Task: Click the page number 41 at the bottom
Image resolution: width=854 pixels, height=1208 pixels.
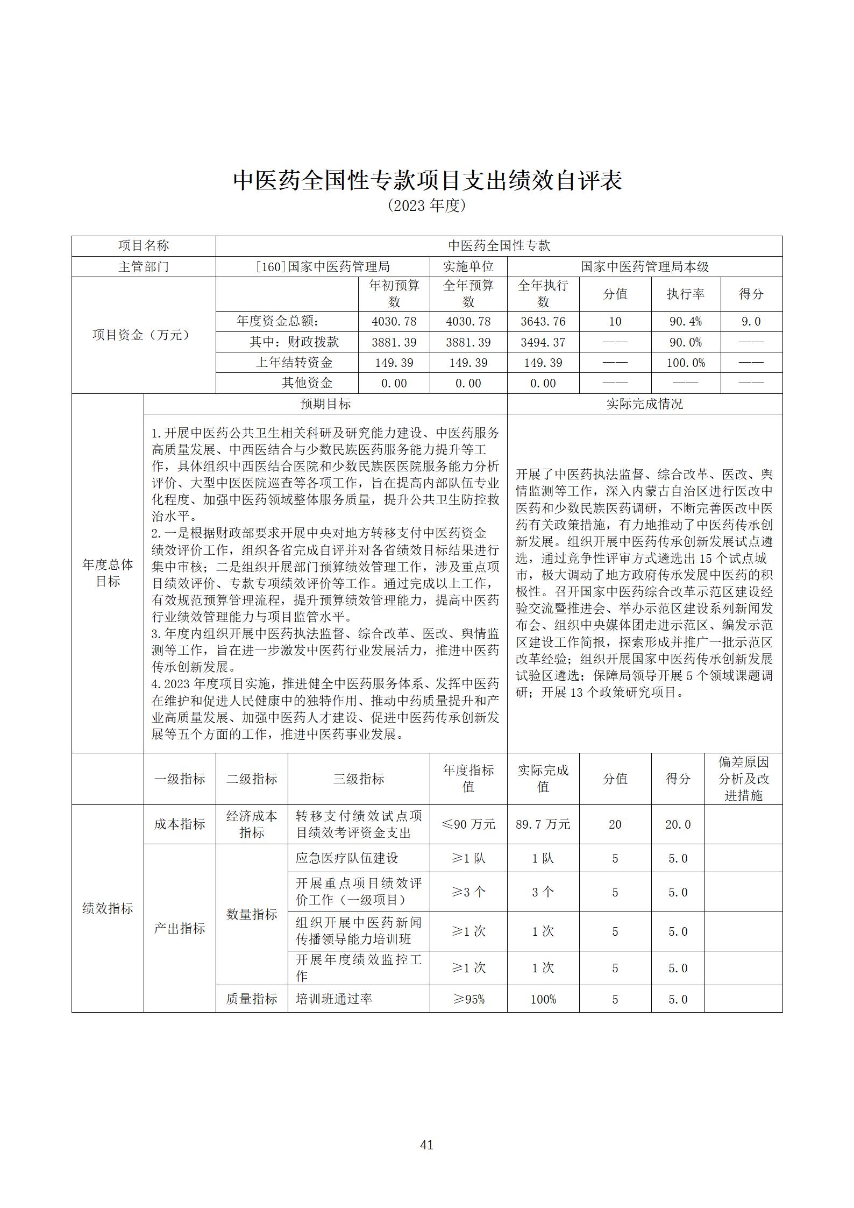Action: (426, 1145)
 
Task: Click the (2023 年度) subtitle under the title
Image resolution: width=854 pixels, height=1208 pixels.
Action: (426, 206)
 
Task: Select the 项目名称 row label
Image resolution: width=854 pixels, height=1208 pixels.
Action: (144, 246)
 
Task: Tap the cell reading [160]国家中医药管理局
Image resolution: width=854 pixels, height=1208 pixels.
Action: (323, 266)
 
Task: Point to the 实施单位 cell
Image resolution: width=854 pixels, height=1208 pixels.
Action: (468, 266)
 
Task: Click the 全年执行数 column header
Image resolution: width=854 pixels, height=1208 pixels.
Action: (543, 294)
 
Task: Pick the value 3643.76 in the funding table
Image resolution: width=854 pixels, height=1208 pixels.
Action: (543, 321)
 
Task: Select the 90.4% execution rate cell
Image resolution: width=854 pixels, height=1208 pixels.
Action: (685, 321)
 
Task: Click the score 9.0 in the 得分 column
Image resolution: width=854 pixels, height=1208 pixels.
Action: (751, 321)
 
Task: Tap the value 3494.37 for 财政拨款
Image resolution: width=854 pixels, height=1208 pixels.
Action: (543, 342)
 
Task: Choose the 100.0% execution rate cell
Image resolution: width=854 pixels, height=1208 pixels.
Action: (685, 363)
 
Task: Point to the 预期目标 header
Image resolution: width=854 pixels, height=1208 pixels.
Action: (325, 404)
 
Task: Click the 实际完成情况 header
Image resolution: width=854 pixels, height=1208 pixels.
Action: (644, 404)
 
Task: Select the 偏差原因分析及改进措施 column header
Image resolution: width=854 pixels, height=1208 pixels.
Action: (743, 779)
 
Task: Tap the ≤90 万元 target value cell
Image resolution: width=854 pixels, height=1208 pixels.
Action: (468, 824)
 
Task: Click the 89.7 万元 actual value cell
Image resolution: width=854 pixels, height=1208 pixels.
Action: (543, 824)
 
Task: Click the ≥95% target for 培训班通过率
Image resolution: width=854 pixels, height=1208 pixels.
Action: (468, 999)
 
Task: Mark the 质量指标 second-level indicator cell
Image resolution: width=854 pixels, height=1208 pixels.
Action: (252, 999)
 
